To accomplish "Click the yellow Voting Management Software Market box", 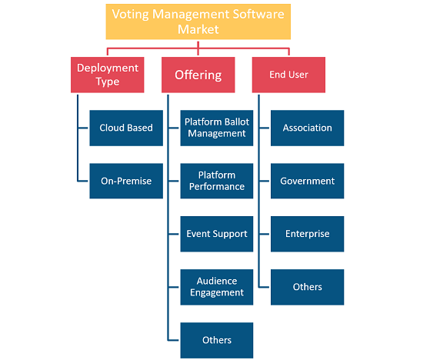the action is tap(198, 22).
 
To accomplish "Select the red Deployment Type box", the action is tap(107, 75).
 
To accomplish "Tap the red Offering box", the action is tap(198, 75).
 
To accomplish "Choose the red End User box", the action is tap(288, 75).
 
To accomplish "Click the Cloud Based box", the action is tap(126, 128).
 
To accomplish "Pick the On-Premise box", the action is tap(126, 181).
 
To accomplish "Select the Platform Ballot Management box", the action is tap(217, 128).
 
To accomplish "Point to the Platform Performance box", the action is tap(217, 181).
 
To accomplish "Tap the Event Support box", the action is tap(217, 234).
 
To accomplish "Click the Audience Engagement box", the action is tap(217, 287).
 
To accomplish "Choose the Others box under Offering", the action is tap(217, 340).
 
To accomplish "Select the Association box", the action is tap(307, 128).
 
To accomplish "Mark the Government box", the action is tap(307, 181).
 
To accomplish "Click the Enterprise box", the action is tap(307, 234).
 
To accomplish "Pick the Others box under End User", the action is tap(307, 287).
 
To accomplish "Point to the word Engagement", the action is tap(217, 293).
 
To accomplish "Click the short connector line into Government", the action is tap(264, 181).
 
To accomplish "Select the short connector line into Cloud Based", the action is tap(83, 128).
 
